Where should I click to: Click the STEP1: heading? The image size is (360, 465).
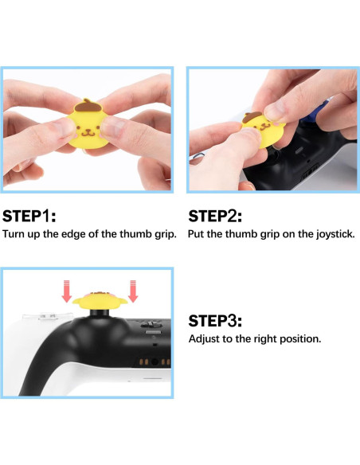click(29, 216)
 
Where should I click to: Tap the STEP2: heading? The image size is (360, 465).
click(215, 216)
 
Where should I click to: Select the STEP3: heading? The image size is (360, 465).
click(215, 321)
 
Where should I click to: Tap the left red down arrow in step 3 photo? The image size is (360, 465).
click(67, 291)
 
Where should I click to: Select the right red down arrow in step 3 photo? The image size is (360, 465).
click(133, 291)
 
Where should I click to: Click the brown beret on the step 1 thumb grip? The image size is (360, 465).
click(86, 106)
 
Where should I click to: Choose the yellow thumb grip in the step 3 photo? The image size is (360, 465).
click(100, 300)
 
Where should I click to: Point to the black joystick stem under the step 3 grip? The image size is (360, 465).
click(100, 313)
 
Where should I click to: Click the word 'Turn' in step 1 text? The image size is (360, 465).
click(14, 234)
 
